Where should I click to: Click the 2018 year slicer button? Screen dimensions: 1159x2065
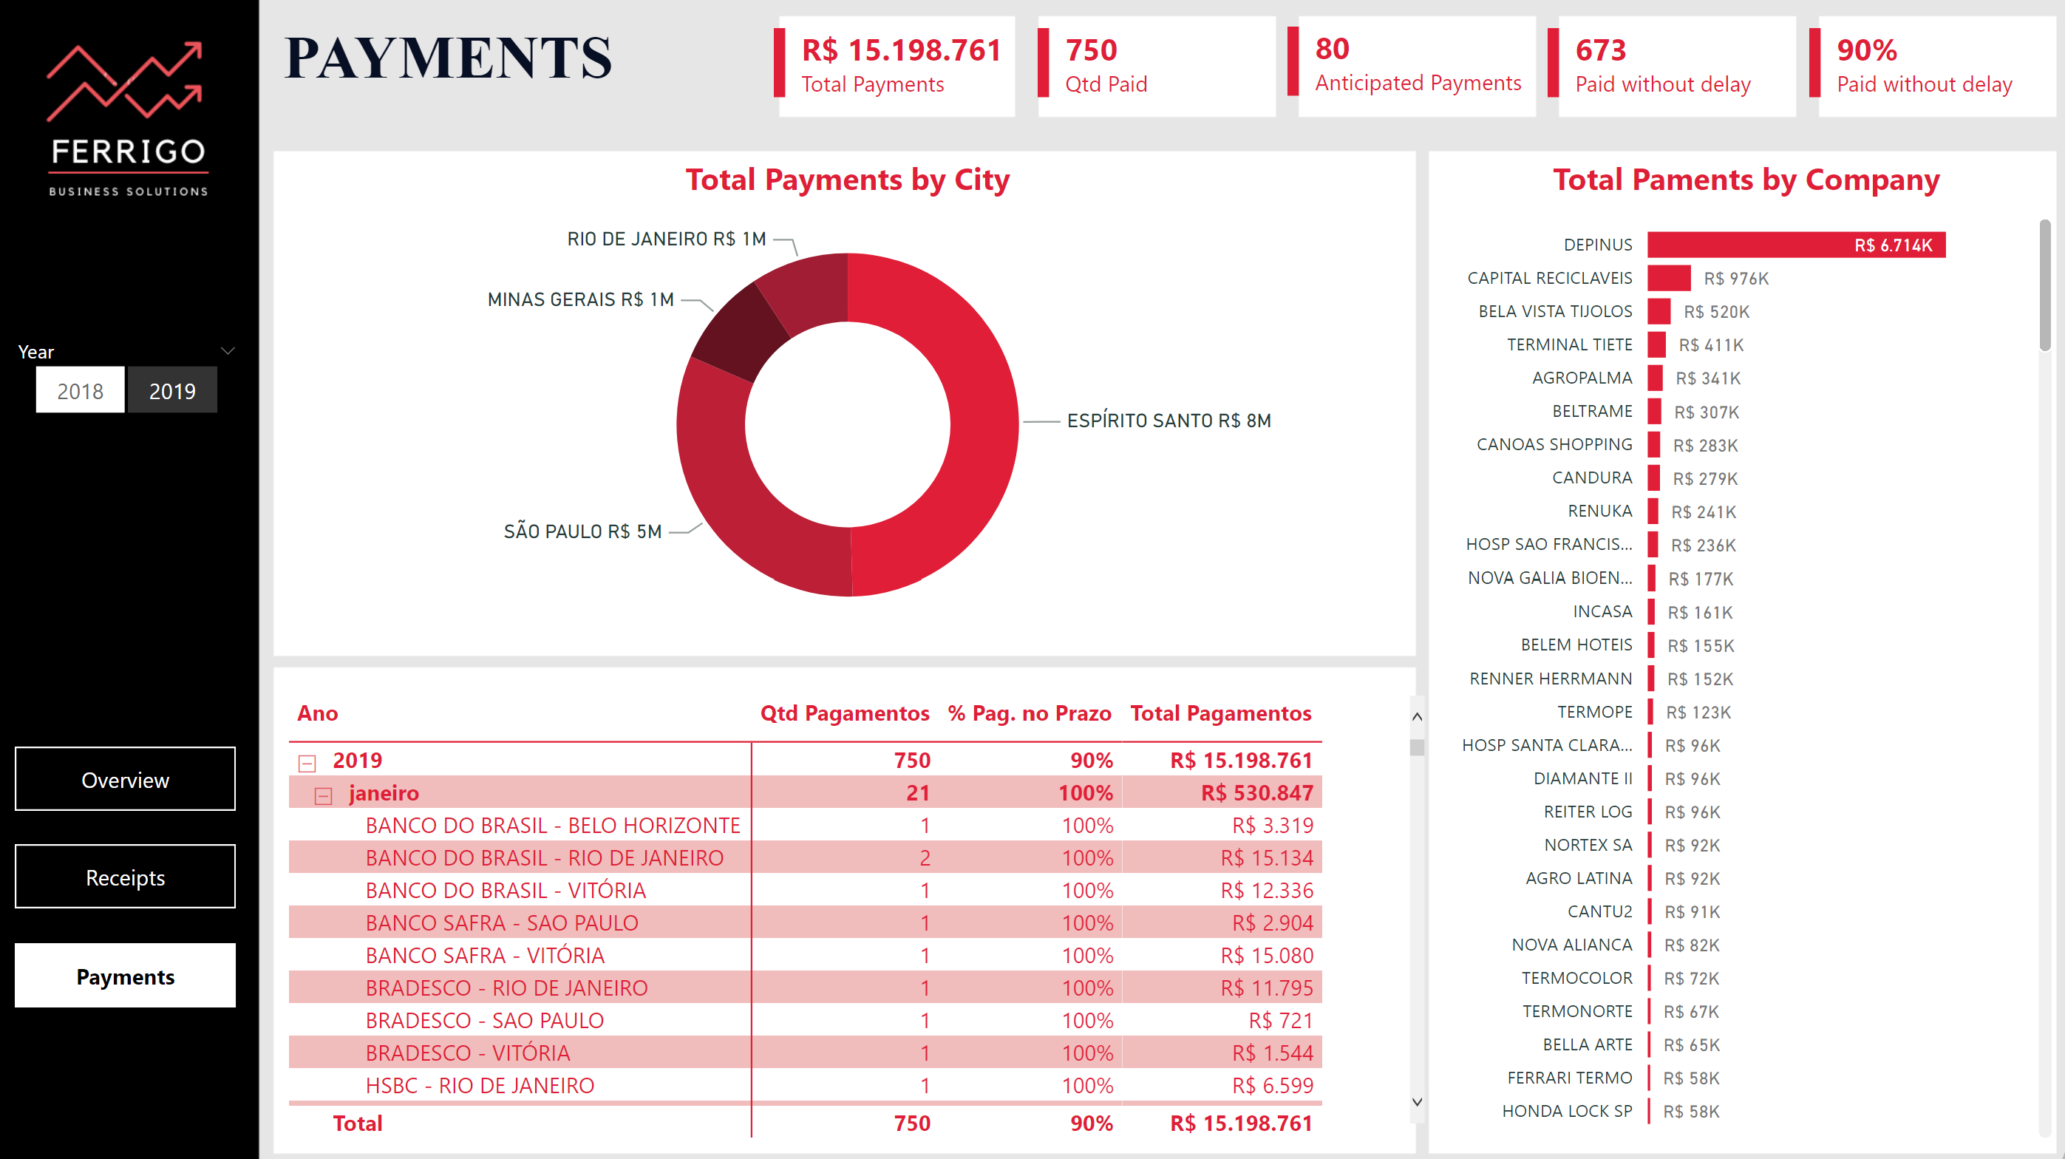pos(80,390)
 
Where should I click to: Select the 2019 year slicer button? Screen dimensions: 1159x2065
pos(172,390)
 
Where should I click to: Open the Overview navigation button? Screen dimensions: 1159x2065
pos(125,779)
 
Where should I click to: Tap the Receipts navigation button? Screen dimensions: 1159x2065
pos(125,877)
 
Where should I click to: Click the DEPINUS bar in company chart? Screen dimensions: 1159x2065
pos(1796,245)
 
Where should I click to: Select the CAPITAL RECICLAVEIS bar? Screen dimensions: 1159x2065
pos(1668,278)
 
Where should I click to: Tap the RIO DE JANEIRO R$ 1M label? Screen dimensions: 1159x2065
pos(666,239)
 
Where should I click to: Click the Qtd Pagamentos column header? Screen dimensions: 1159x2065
pos(844,713)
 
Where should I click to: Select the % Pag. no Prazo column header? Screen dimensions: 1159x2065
pos(1030,713)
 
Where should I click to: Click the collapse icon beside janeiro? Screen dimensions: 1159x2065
pos(323,795)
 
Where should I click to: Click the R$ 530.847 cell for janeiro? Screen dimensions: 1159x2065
pos(1256,792)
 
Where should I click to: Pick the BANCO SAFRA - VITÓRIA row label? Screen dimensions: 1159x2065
pos(485,956)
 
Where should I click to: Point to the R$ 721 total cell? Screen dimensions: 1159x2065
pos(1280,1020)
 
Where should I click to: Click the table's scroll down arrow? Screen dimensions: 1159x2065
pos(1417,1102)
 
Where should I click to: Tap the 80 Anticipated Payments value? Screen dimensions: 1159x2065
pos(1333,50)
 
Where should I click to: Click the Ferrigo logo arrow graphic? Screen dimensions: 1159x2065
pos(124,80)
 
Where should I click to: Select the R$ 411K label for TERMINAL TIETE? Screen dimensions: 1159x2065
pos(1711,344)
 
